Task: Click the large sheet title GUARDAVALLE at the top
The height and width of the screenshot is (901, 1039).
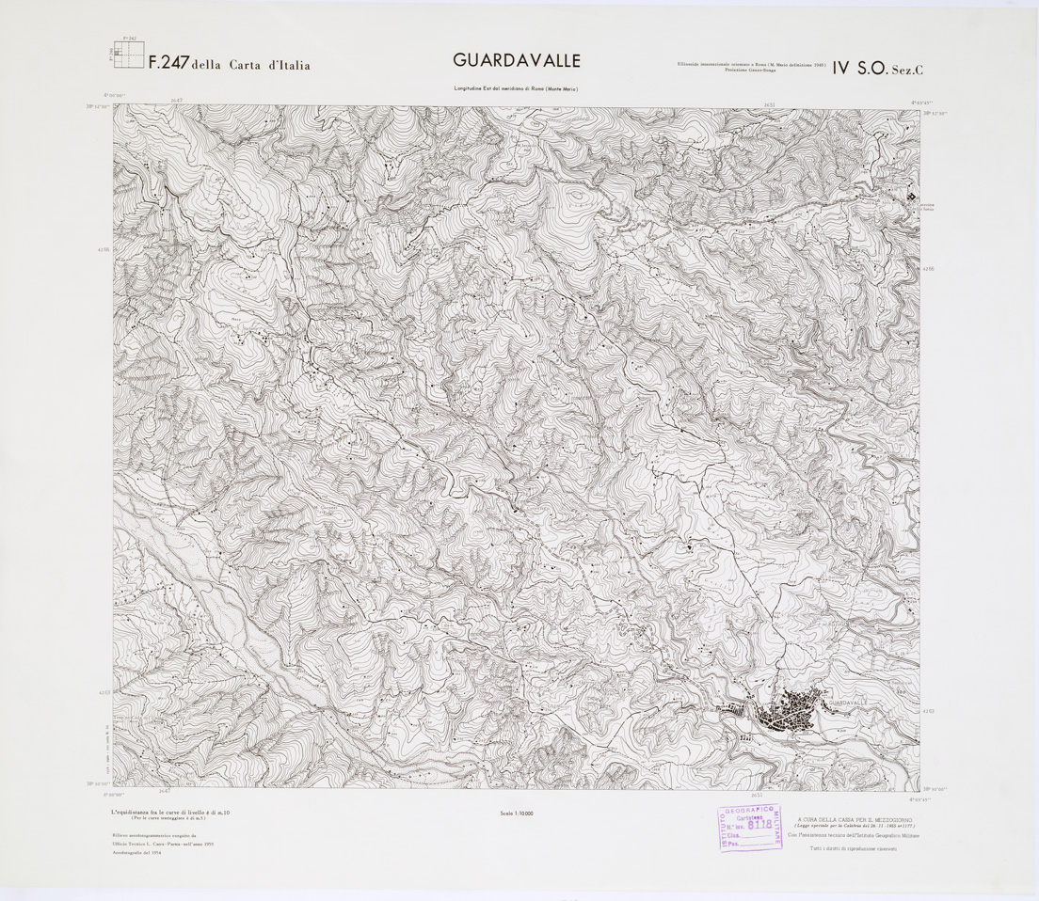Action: tap(517, 61)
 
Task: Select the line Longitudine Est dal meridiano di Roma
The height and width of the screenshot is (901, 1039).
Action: tap(516, 89)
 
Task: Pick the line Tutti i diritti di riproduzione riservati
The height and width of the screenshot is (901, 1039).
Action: tap(855, 849)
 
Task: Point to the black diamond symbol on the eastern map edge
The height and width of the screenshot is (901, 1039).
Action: tap(910, 197)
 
